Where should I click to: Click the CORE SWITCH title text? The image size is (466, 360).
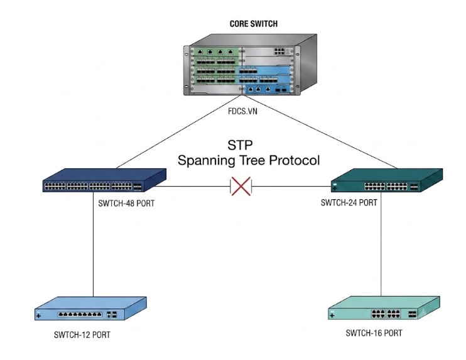[254, 24]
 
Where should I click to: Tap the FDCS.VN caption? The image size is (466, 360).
[242, 111]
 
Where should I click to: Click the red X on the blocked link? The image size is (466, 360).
[241, 187]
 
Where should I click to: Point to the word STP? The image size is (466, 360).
[240, 145]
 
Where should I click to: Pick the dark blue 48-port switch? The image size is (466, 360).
[104, 180]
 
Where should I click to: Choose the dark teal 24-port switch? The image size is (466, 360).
[387, 180]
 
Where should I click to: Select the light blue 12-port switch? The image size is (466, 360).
[90, 308]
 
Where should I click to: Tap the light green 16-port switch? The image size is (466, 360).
[384, 308]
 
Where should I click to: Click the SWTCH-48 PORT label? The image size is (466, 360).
[126, 204]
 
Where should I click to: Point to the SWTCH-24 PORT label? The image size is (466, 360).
[349, 203]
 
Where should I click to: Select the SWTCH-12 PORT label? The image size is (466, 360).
[82, 335]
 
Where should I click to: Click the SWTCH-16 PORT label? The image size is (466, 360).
[374, 333]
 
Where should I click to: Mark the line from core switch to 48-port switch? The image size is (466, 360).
[178, 132]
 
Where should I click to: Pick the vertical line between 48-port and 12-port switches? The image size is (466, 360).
[94, 244]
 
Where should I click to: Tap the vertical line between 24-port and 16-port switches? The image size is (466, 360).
[381, 244]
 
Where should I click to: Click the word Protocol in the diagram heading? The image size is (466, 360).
[294, 160]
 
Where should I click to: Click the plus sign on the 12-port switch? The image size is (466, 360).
[38, 315]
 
